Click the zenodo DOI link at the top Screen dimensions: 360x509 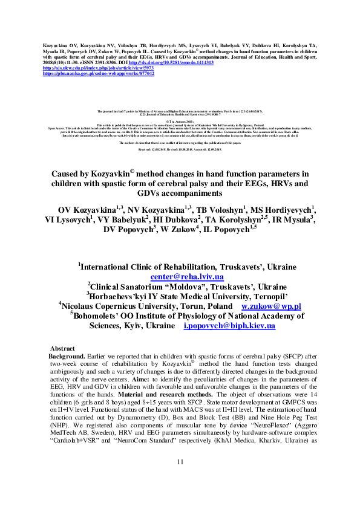[180, 62]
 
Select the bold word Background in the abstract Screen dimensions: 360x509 [69, 357]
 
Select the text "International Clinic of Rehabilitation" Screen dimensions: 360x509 [163, 267]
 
